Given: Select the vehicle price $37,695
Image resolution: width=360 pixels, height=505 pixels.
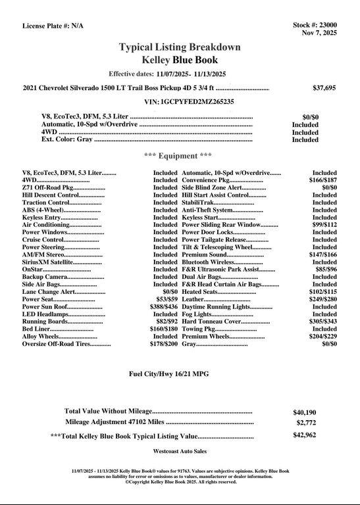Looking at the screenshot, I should pyautogui.click(x=324, y=87).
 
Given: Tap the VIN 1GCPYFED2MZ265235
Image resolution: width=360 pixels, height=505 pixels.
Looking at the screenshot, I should pyautogui.click(x=189, y=102).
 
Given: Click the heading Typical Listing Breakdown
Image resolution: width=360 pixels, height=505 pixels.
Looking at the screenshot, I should pyautogui.click(x=180, y=47).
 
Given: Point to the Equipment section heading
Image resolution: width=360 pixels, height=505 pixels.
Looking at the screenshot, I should pyautogui.click(x=178, y=156).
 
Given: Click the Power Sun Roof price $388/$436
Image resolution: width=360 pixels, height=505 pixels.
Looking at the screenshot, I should pyautogui.click(x=163, y=306).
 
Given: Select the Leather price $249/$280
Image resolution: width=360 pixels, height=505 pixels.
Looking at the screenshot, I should pyautogui.click(x=323, y=299).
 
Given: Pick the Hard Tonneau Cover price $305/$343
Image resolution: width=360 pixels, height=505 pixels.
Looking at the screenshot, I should pyautogui.click(x=323, y=322).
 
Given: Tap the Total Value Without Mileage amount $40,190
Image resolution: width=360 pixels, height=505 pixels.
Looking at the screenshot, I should pyautogui.click(x=305, y=412).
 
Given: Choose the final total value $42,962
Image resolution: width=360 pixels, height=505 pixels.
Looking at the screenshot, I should pyautogui.click(x=305, y=435).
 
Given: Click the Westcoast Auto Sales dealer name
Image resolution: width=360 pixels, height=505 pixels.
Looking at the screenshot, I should pyautogui.click(x=180, y=452).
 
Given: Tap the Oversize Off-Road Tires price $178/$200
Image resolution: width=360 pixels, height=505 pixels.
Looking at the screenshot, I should pyautogui.click(x=163, y=344).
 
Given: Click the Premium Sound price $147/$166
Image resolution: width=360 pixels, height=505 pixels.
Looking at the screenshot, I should pyautogui.click(x=323, y=254).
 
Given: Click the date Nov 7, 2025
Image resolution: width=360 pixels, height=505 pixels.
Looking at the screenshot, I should pyautogui.click(x=319, y=33).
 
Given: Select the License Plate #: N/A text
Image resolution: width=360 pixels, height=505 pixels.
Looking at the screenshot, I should pyautogui.click(x=53, y=26).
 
